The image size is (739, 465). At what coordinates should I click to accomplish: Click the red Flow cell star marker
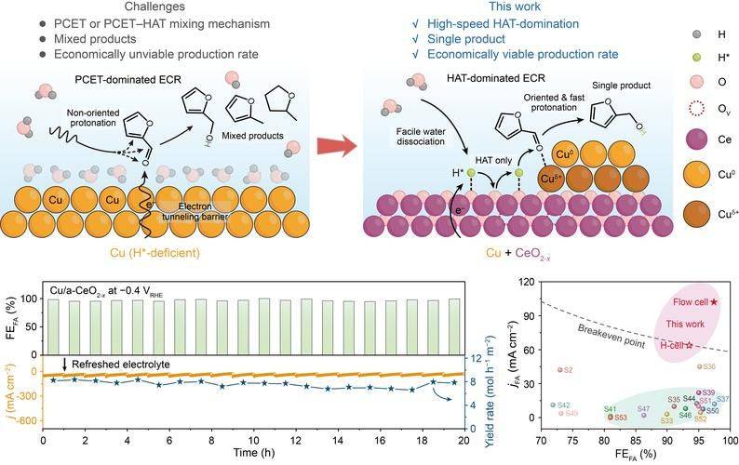pyautogui.click(x=713, y=302)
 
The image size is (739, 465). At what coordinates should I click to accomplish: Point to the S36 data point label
pyautogui.click(x=708, y=366)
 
